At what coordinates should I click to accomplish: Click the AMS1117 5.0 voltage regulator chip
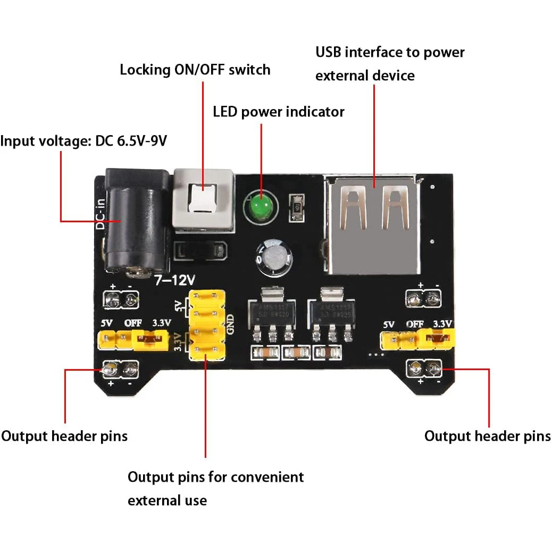272,311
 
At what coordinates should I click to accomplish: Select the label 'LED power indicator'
278,112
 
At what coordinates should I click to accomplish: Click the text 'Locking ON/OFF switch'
195,70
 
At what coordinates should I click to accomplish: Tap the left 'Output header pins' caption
64,436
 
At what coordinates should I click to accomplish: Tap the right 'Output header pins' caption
487,436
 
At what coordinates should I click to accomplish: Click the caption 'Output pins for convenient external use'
215,488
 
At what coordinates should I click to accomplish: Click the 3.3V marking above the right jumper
442,324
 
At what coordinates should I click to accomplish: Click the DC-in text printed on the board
99,214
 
